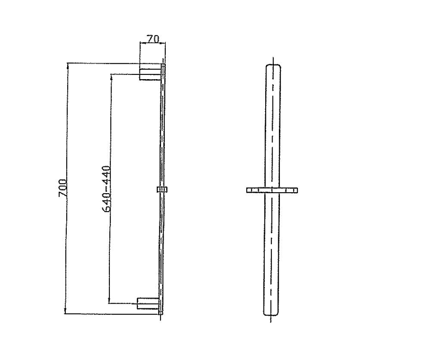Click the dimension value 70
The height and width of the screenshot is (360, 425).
153,39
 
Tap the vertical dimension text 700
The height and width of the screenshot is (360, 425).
62,188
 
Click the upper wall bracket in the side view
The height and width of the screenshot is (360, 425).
149,74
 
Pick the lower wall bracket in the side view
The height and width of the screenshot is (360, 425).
148,303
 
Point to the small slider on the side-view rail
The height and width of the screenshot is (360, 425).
162,189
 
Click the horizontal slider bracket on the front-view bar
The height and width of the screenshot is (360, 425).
272,190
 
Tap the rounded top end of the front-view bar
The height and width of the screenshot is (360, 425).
272,66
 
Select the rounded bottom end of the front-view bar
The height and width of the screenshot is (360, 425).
272,314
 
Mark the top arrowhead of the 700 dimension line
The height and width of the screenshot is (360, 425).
67,65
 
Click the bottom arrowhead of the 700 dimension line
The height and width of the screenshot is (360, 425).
65,312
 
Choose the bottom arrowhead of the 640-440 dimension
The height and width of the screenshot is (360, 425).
110,302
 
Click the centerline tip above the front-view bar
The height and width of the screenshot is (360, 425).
273,59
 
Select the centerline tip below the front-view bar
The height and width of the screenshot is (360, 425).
271,322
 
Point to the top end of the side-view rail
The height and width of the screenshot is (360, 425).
163,65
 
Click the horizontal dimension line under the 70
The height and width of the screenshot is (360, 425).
152,43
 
